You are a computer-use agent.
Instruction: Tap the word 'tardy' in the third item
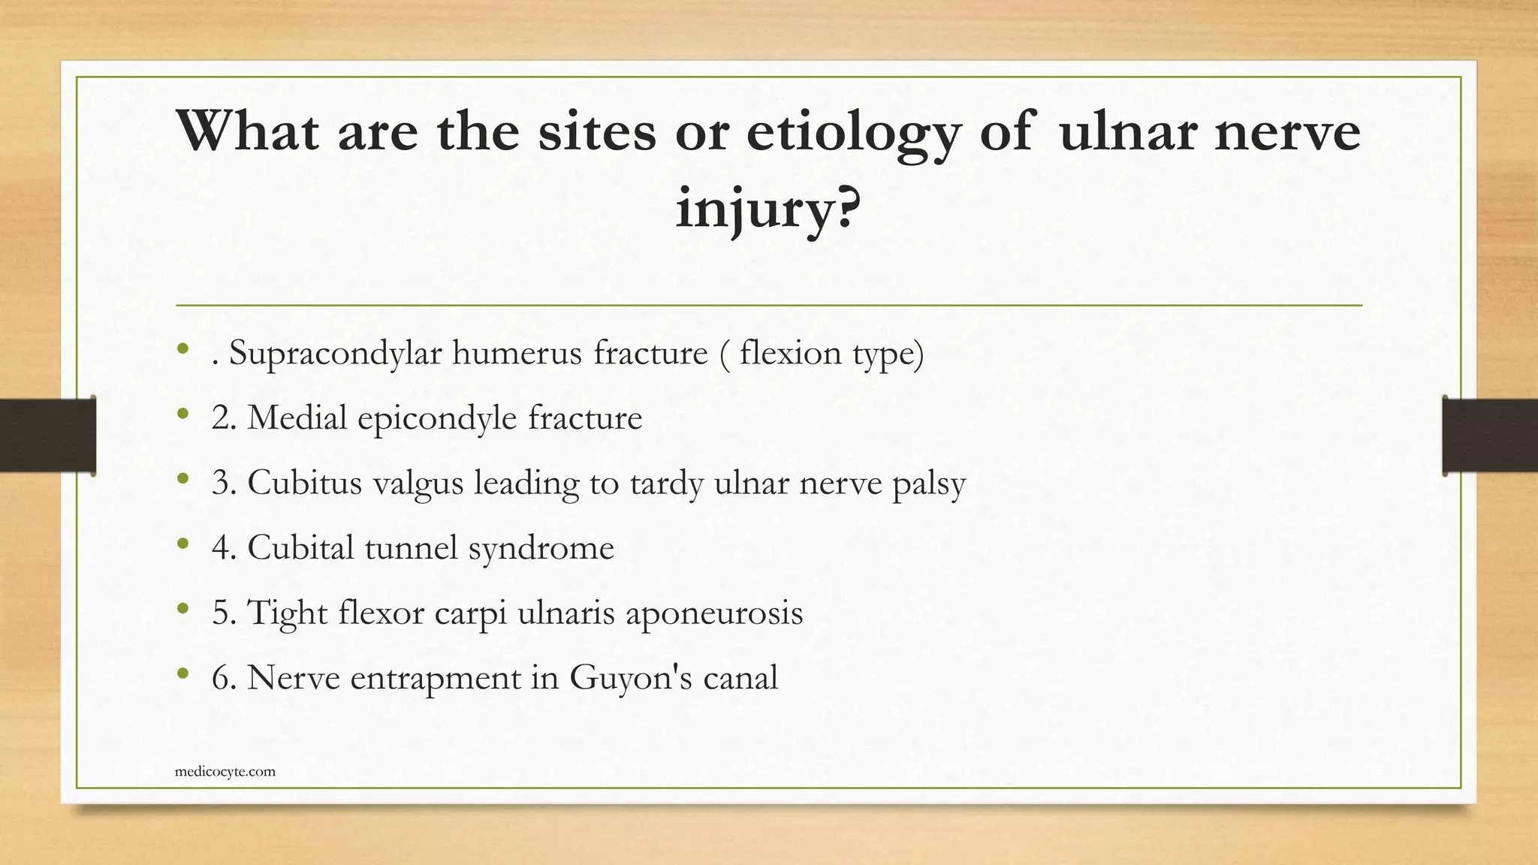pyautogui.click(x=667, y=483)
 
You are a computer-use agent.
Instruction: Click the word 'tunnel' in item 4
pyautogui.click(x=411, y=547)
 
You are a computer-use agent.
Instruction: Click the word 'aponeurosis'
pyautogui.click(x=714, y=613)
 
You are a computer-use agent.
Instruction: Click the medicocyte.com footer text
pyautogui.click(x=225, y=771)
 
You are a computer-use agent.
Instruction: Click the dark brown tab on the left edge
pyautogui.click(x=47, y=436)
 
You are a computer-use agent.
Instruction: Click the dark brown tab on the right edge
pyautogui.click(x=1490, y=436)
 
